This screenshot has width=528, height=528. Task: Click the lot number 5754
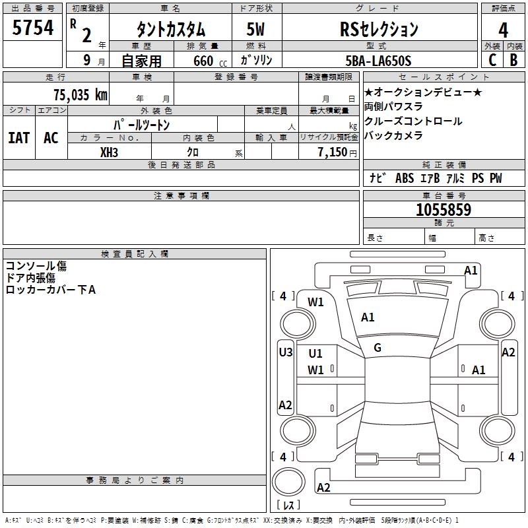33,28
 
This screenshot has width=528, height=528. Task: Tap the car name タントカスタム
171,30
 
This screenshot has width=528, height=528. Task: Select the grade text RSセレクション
379,29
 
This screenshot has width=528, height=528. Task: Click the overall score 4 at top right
504,30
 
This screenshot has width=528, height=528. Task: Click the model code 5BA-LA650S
378,61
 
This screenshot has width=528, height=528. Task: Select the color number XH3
109,152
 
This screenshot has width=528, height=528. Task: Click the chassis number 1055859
444,210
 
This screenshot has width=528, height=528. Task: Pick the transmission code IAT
18,137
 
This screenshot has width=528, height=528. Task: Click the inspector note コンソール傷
36,266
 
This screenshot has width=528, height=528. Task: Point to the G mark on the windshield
378,348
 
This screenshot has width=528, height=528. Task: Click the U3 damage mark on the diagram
285,352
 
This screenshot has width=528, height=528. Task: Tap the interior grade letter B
513,60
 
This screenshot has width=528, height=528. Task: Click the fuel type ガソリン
257,61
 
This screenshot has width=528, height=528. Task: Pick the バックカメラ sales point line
393,136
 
